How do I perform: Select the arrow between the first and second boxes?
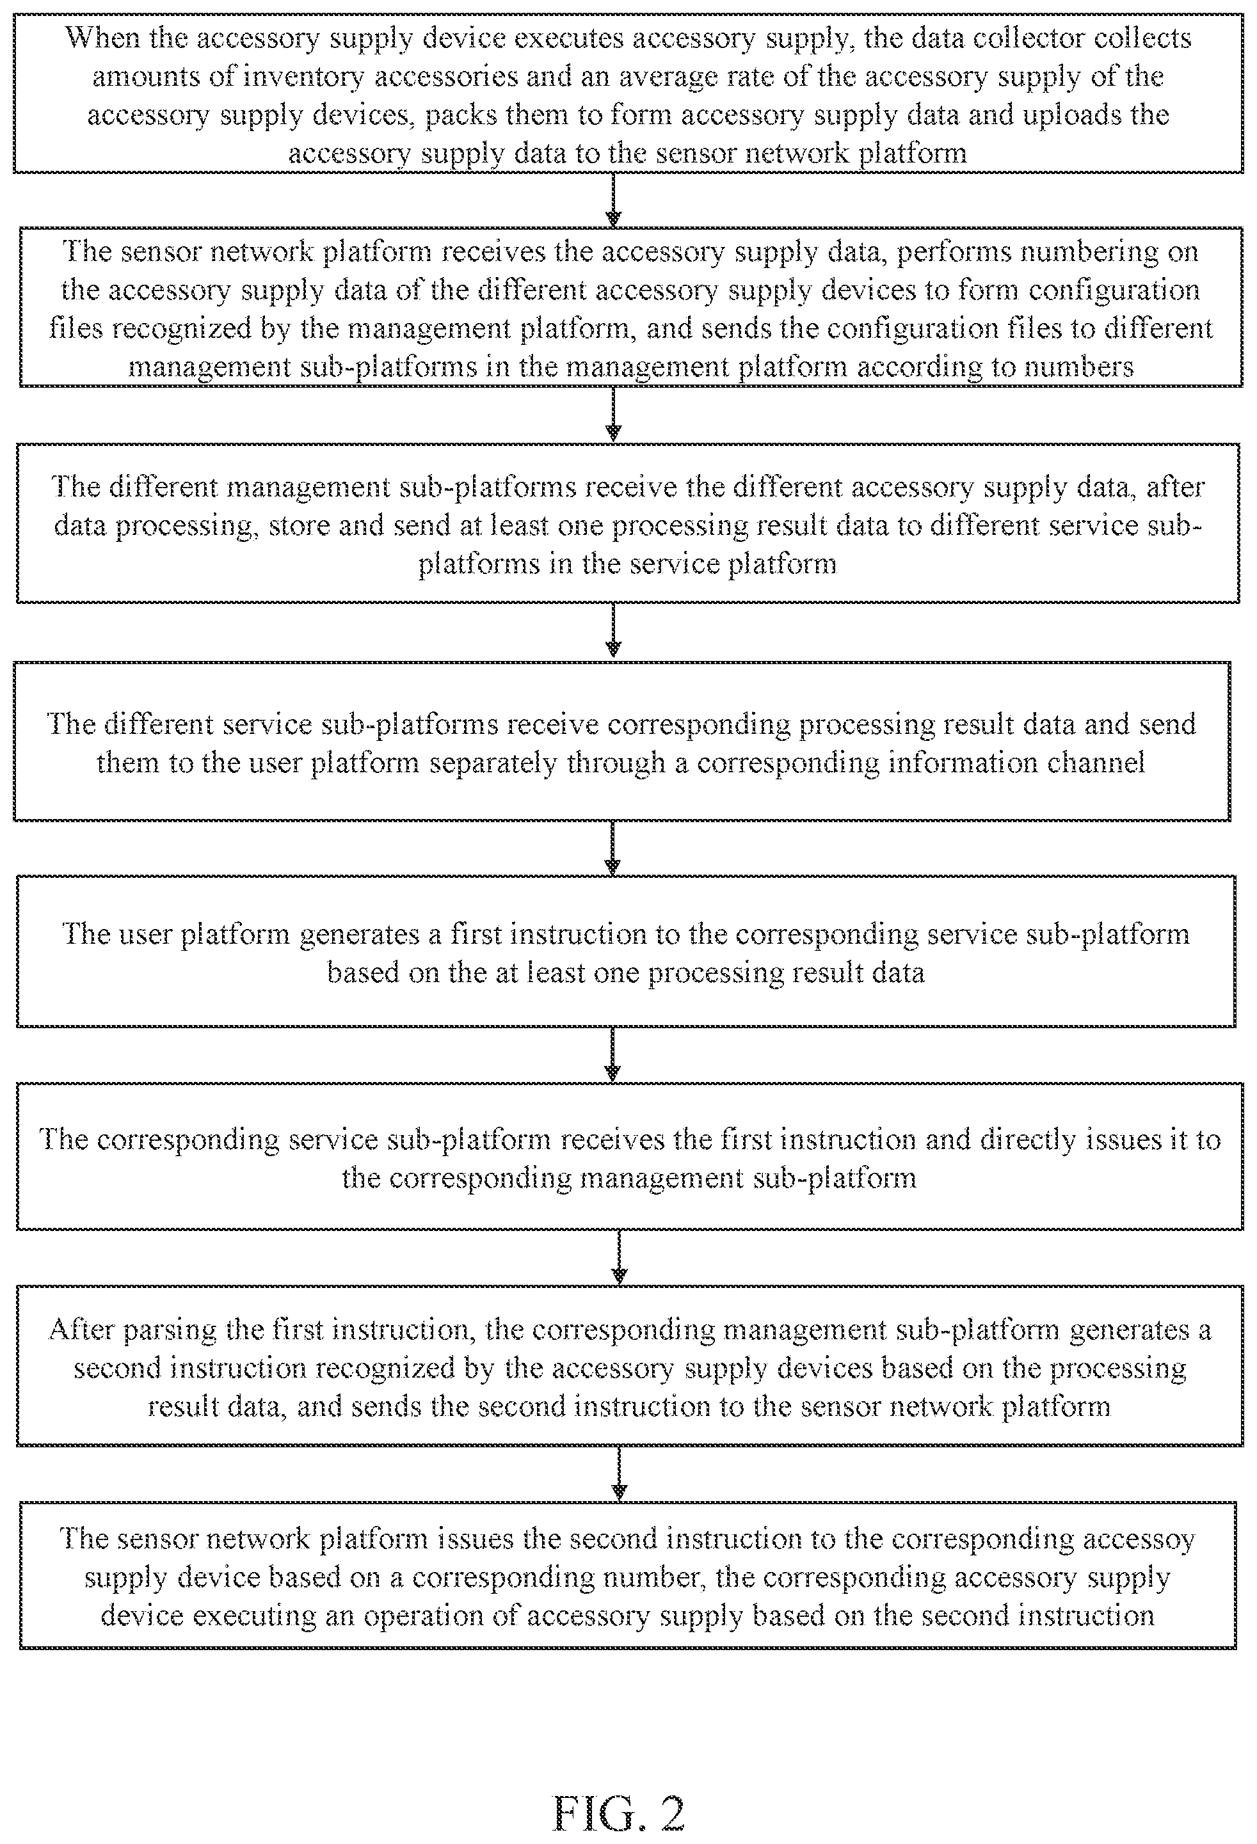[x=612, y=200]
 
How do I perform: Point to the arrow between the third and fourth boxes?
[x=612, y=631]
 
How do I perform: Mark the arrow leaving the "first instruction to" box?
[x=612, y=1054]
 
